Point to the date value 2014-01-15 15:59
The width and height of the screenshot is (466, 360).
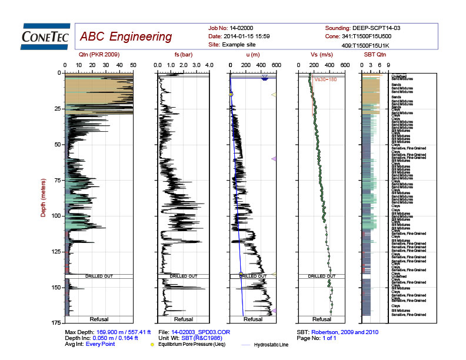(247, 36)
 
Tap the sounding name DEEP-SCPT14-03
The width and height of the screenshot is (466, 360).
(377, 28)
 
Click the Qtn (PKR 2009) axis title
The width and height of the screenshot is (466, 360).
(99, 55)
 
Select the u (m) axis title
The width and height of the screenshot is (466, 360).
(252, 55)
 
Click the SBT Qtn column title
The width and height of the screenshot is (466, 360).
(374, 55)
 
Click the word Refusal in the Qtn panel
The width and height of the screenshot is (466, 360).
(99, 319)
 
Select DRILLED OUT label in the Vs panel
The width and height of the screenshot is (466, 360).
(321, 275)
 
